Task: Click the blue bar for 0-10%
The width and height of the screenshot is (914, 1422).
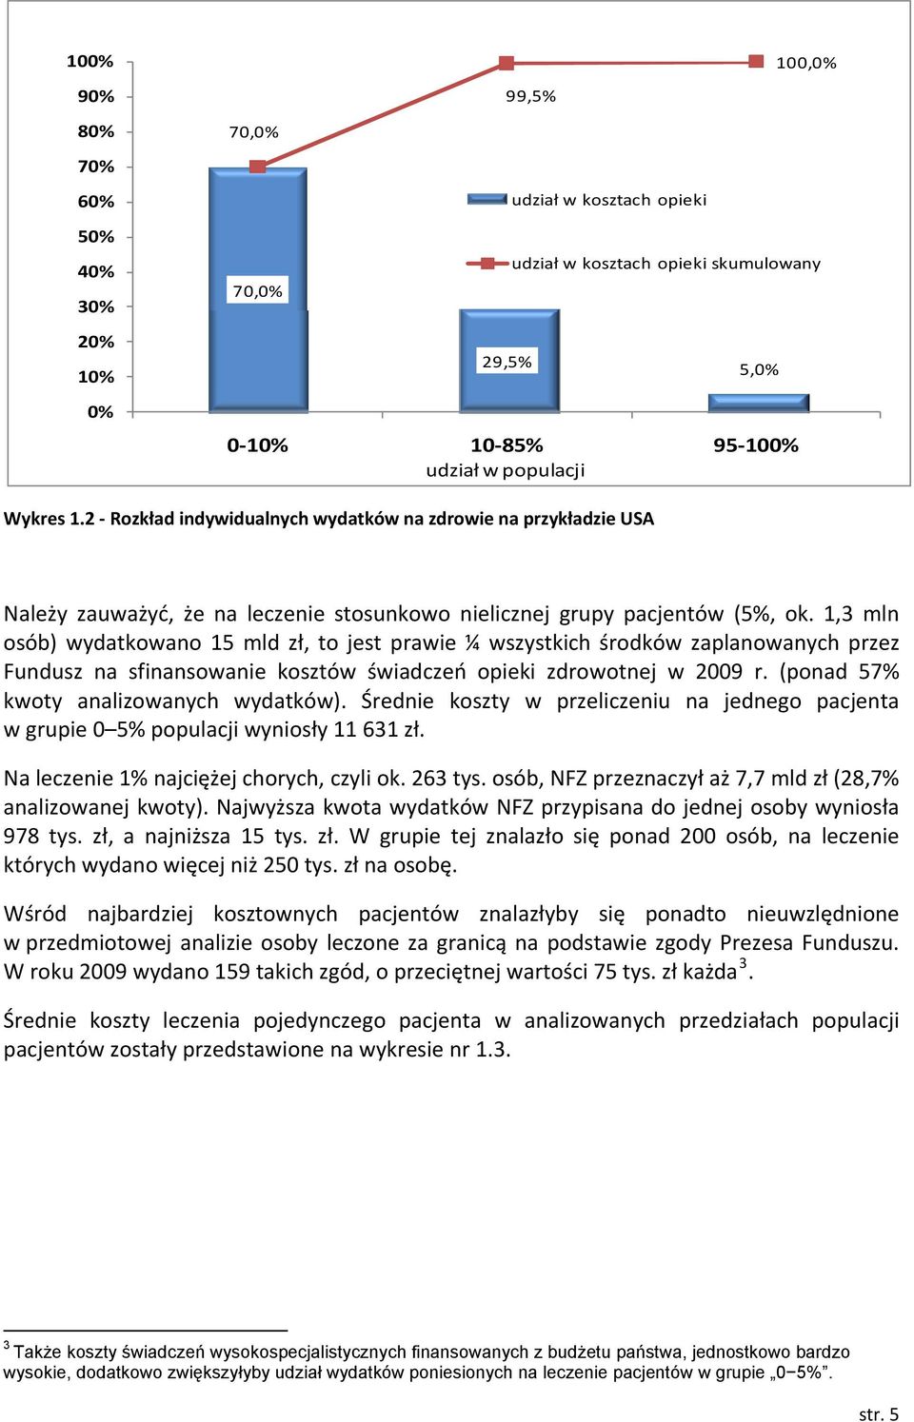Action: coord(258,290)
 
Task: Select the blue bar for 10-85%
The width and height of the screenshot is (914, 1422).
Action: coord(508,361)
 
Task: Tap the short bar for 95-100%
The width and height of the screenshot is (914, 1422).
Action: coord(759,404)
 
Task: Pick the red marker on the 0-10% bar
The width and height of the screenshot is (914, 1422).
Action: coord(257,167)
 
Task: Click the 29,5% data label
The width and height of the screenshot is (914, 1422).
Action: coord(507,362)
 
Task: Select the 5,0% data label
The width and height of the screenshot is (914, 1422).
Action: coord(759,369)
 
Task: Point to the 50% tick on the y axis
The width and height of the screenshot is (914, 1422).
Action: coord(129,237)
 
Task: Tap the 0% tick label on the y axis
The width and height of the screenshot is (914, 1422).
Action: coord(100,412)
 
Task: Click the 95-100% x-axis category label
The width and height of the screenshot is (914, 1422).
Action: coord(755,445)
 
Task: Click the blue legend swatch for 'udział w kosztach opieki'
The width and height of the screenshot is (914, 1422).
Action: coord(487,199)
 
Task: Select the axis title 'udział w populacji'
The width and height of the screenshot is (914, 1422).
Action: coord(505,470)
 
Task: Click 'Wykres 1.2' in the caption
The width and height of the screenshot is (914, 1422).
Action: coord(50,519)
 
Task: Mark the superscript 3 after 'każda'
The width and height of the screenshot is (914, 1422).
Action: coord(743,963)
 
